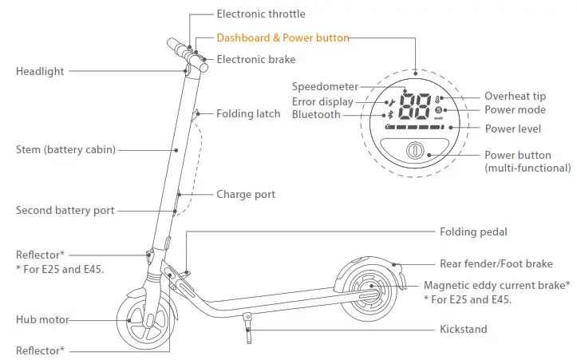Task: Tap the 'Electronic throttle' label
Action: (x=260, y=14)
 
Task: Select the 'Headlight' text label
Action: (x=40, y=71)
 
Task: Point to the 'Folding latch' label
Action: (x=248, y=113)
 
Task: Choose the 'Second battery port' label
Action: (x=65, y=211)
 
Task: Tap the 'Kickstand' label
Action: (x=463, y=329)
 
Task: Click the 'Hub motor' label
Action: (x=41, y=320)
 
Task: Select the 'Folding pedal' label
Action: (x=473, y=231)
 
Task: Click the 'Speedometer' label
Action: (x=325, y=86)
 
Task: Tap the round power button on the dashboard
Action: (x=413, y=152)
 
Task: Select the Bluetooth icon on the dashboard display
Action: (x=389, y=115)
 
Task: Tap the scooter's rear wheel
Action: (x=369, y=288)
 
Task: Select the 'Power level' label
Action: (x=513, y=129)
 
